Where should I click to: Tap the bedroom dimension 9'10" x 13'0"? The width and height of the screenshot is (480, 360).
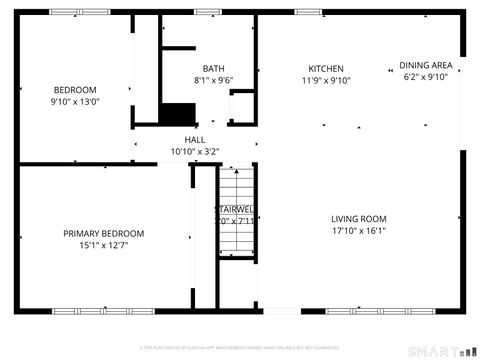(74, 101)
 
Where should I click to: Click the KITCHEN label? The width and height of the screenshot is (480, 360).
(326, 70)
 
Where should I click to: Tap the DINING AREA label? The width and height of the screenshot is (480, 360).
(426, 65)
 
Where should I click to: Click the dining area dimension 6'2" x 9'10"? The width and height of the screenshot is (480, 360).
(426, 76)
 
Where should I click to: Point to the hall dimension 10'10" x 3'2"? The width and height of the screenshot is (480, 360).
(195, 152)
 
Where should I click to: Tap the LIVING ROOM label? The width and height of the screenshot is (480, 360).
(359, 219)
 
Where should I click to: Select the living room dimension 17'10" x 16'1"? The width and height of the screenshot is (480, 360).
(359, 230)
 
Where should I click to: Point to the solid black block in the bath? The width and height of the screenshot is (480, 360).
(178, 113)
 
